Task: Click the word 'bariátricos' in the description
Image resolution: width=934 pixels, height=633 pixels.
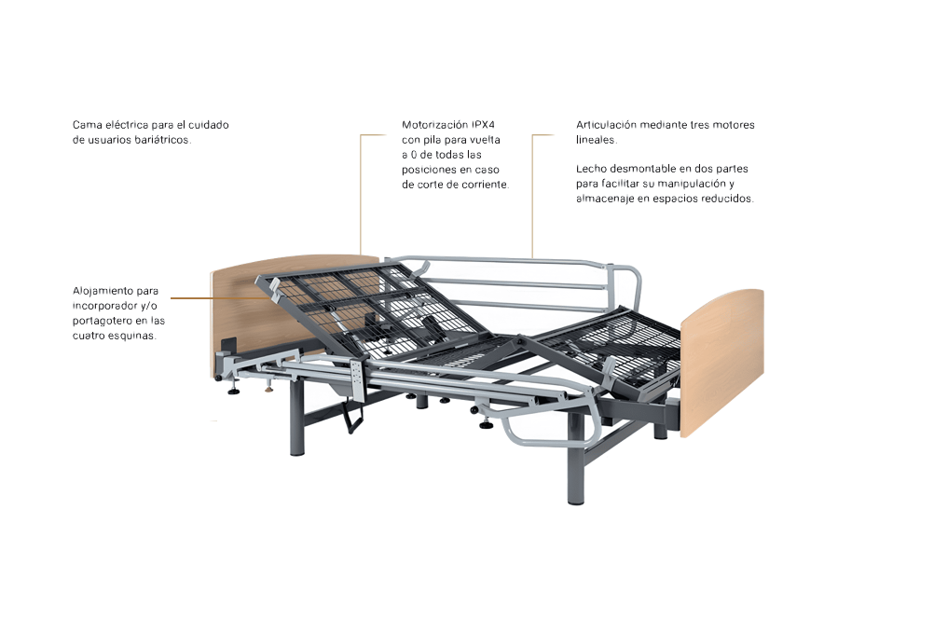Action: [x=164, y=139]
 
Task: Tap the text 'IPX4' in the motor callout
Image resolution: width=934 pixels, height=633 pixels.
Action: [x=483, y=124]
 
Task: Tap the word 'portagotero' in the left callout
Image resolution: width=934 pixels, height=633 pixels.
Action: [x=100, y=321]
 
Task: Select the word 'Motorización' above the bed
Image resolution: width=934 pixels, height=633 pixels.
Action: [x=434, y=124]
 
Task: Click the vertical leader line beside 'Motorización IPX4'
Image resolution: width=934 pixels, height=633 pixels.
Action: [x=361, y=196]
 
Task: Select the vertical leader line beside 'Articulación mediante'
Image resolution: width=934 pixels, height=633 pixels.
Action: [x=532, y=196]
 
